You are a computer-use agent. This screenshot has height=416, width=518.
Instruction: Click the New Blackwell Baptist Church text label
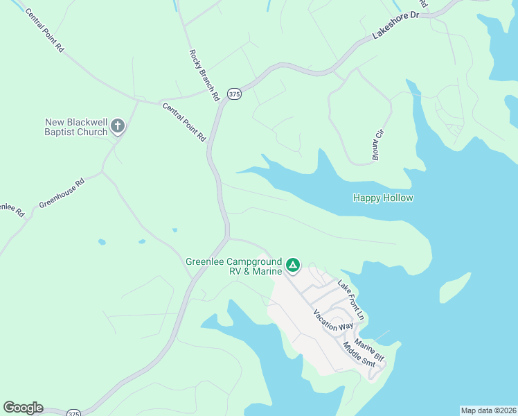tap(75, 127)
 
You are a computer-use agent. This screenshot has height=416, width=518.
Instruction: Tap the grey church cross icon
tap(118, 126)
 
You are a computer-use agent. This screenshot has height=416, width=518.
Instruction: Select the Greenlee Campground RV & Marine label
tap(233, 266)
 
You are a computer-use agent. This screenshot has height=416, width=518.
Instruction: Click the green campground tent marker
tap(293, 265)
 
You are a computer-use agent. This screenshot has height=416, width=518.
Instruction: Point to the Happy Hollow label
tap(383, 198)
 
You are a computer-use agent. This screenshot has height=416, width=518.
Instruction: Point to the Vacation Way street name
tap(332, 320)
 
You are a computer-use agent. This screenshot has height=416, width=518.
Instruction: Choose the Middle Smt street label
tap(359, 357)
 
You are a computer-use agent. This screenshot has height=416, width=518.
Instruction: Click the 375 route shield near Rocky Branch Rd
tap(235, 94)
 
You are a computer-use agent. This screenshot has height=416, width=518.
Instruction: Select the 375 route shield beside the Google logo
tap(74, 413)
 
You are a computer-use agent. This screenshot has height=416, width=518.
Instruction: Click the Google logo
tap(23, 408)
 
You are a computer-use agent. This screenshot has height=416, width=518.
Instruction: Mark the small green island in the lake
tap(455, 287)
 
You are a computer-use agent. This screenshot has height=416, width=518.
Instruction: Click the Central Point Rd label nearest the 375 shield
tap(184, 121)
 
